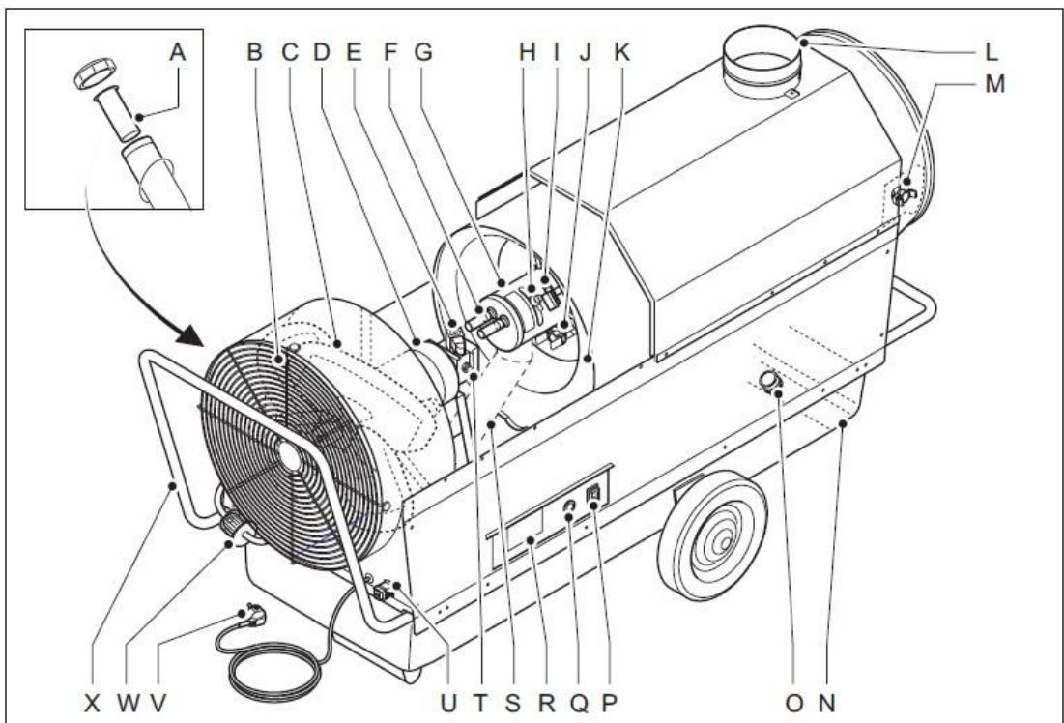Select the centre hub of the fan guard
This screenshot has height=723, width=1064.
289,456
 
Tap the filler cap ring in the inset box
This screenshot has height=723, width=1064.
94,75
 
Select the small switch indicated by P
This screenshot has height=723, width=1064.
594,494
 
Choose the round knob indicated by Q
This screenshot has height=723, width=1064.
569,509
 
